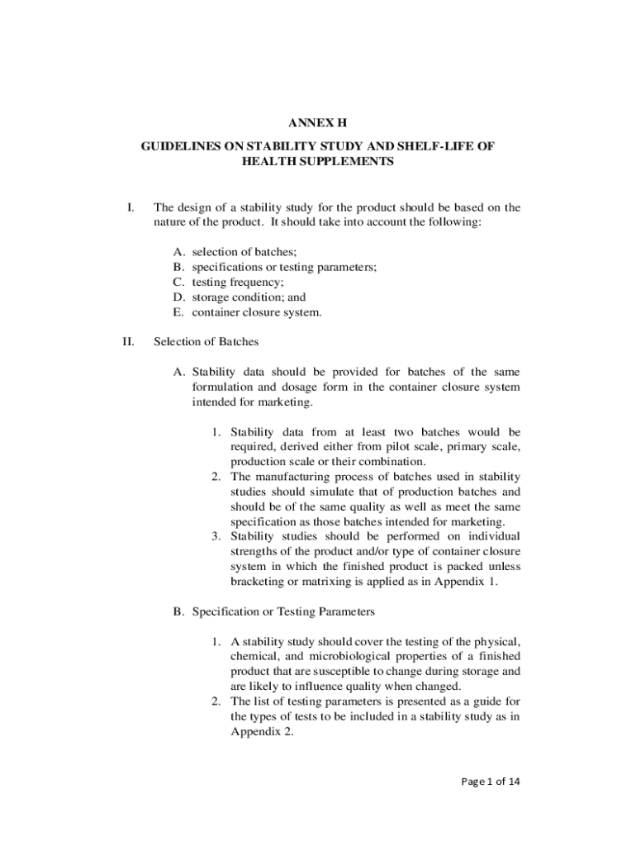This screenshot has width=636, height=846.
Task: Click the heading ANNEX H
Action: (317, 124)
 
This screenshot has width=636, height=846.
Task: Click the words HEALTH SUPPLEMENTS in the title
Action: (317, 163)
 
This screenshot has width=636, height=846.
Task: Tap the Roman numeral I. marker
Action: (131, 207)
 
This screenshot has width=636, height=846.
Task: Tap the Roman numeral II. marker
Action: (128, 340)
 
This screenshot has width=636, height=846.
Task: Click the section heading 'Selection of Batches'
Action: (206, 340)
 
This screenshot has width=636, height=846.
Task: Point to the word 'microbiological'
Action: (348, 657)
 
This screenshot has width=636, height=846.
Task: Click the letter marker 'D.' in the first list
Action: (179, 297)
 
